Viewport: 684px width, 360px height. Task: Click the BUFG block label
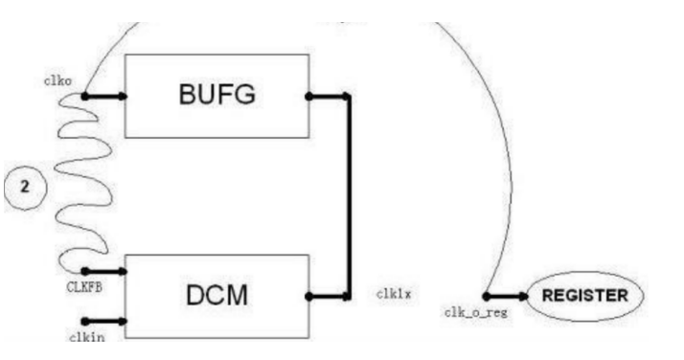[217, 94]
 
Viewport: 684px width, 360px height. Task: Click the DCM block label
[217, 295]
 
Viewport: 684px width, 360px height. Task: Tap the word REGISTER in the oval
[585, 296]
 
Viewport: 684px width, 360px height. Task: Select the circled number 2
[25, 187]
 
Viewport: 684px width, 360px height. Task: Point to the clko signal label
[58, 81]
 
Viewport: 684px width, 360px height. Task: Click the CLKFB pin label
[84, 287]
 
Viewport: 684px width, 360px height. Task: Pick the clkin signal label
[87, 337]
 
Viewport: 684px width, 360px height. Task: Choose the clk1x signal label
[394, 294]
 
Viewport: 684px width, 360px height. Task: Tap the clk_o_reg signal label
[476, 312]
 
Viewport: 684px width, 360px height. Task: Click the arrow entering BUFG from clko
[104, 97]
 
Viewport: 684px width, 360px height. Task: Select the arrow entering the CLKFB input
[104, 272]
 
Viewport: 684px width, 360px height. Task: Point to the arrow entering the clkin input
[104, 322]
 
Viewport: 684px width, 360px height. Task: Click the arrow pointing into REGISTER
[506, 297]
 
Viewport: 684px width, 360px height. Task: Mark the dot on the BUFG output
[308, 97]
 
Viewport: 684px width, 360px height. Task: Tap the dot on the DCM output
[308, 297]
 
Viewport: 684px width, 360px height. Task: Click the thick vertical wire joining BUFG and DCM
[348, 196]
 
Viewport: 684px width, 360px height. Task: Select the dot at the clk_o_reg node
[487, 297]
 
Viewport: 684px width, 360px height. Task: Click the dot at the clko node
[84, 97]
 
